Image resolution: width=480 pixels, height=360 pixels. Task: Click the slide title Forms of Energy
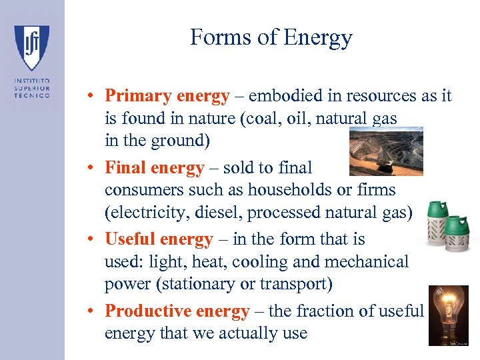pyautogui.click(x=271, y=37)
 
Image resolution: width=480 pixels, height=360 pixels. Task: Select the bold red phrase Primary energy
pyautogui.click(x=167, y=96)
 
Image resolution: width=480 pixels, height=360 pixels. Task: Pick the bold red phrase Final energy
pyautogui.click(x=154, y=168)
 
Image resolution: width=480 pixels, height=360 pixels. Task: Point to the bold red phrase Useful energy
pyautogui.click(x=159, y=239)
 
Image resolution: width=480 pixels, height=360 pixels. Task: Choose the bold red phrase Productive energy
pyautogui.click(x=177, y=311)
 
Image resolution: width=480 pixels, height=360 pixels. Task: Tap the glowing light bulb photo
pyautogui.click(x=448, y=315)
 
